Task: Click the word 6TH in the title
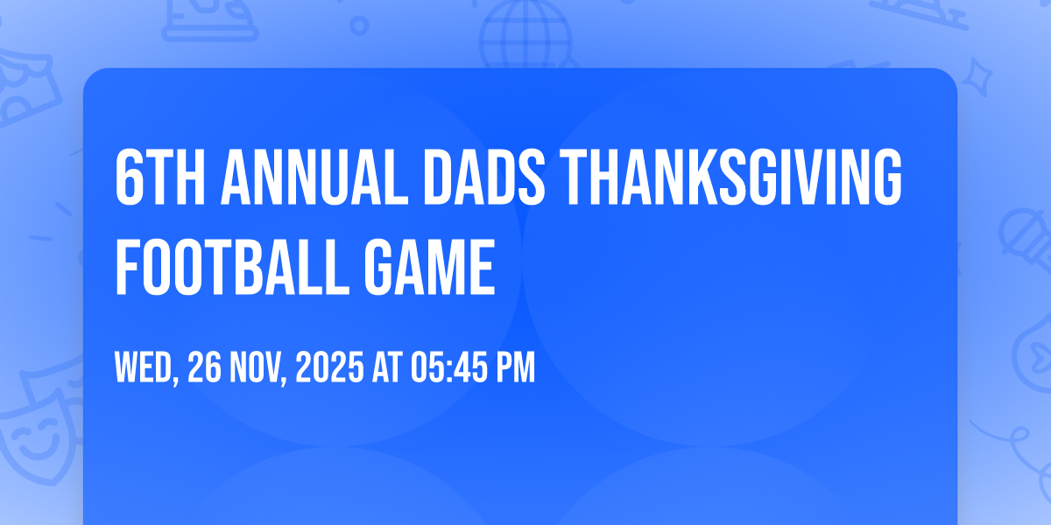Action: tap(160, 178)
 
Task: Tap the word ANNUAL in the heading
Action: tap(314, 178)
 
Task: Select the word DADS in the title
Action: tap(484, 178)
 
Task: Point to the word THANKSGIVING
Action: tap(730, 178)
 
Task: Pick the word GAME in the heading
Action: tap(430, 267)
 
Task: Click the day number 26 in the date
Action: tap(205, 367)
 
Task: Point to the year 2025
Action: tap(329, 367)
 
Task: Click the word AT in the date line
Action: tap(387, 367)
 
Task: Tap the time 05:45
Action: tap(449, 367)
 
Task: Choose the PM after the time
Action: tap(516, 367)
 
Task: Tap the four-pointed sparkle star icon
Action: tap(977, 77)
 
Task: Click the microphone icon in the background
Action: tap(1026, 239)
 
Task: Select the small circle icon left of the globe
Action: tap(359, 25)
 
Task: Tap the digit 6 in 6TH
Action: tap(129, 178)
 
